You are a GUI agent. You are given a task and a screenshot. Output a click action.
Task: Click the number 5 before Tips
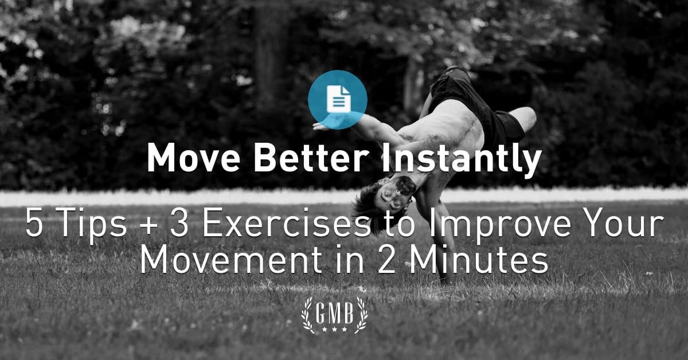click(34, 225)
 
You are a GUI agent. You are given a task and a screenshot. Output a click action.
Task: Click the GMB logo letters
click(334, 312)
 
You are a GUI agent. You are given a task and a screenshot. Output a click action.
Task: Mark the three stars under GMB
click(334, 329)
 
